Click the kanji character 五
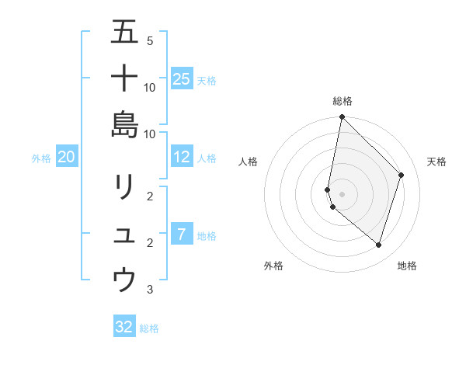click(x=124, y=33)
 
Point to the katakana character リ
click(x=124, y=187)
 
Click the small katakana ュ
click(x=124, y=235)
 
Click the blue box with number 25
click(x=181, y=78)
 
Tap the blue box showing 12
click(x=181, y=157)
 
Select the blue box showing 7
click(x=181, y=235)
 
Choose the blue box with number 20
click(x=66, y=157)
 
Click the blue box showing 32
click(x=124, y=327)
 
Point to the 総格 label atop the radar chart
click(x=343, y=101)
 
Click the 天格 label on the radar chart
click(x=436, y=162)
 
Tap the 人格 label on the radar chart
click(x=249, y=162)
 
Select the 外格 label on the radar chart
click(x=273, y=266)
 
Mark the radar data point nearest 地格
click(x=378, y=245)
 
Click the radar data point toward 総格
click(x=342, y=117)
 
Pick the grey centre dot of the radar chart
click(x=342, y=194)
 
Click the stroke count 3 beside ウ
click(x=150, y=290)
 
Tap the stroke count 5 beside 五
click(x=150, y=41)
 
